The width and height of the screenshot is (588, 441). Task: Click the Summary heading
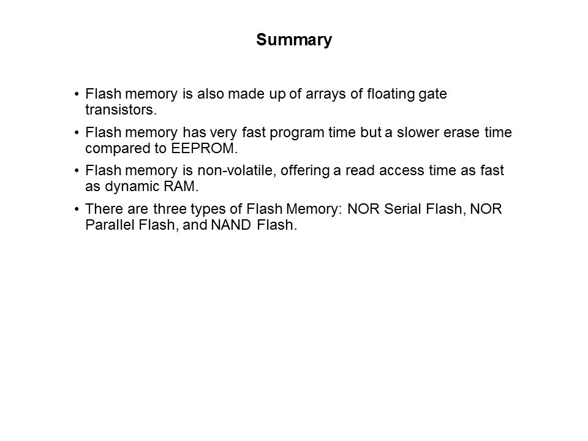click(x=294, y=40)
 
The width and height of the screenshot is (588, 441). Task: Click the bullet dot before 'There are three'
click(x=77, y=210)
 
